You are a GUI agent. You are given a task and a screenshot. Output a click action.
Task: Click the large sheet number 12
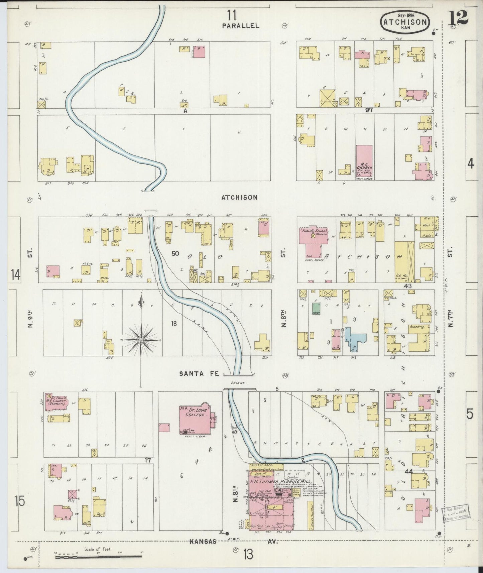tap(458, 16)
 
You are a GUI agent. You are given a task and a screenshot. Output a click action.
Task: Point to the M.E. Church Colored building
tap(364, 160)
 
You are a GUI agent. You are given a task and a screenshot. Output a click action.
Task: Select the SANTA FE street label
tap(199, 374)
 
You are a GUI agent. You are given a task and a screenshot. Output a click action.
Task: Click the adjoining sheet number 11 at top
tap(232, 15)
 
